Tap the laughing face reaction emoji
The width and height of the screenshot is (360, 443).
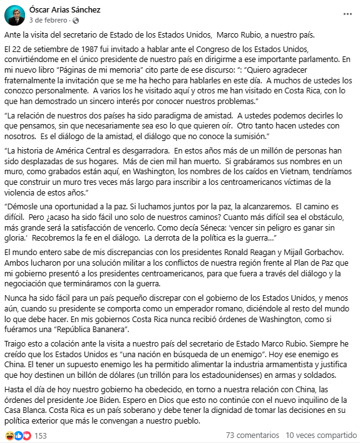9,434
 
